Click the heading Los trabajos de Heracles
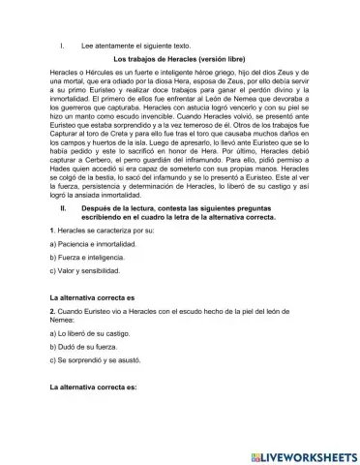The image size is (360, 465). coord(179,59)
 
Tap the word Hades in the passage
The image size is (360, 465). coord(61,201)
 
